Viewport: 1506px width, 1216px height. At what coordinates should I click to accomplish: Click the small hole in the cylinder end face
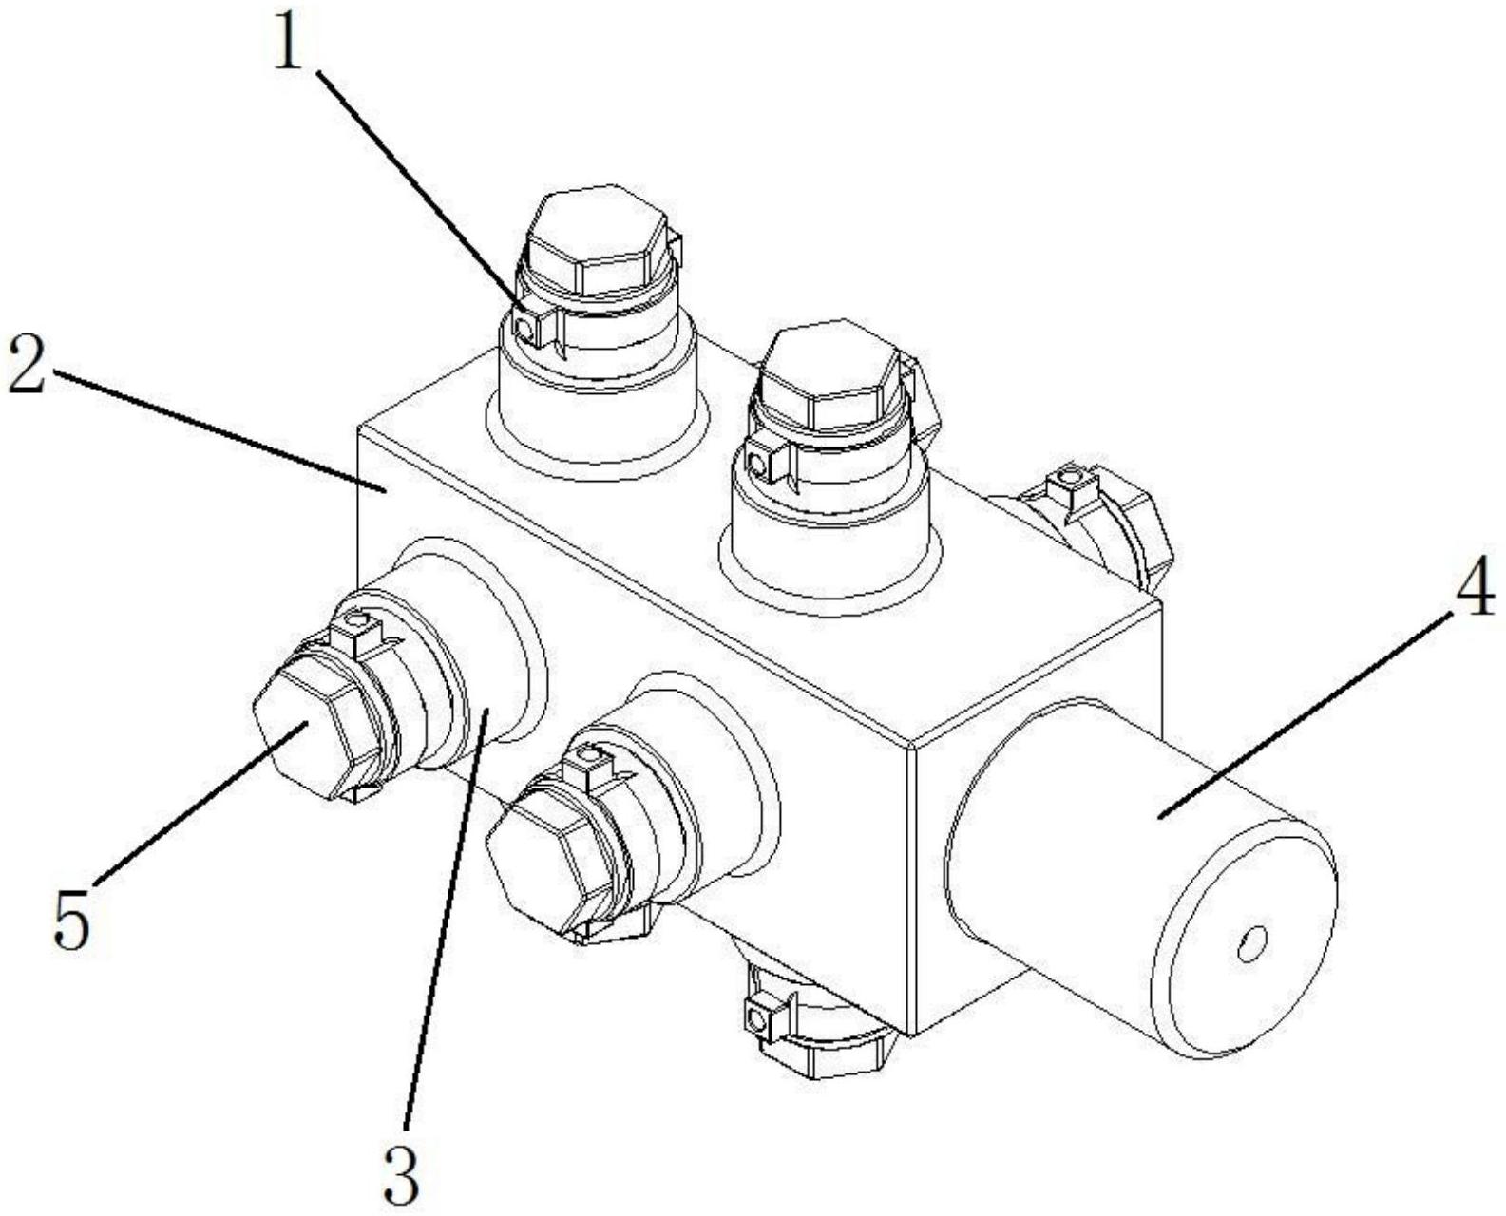(1251, 942)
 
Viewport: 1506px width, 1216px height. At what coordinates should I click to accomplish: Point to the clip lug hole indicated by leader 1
(524, 328)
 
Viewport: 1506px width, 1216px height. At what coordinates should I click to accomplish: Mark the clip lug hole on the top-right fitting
(757, 465)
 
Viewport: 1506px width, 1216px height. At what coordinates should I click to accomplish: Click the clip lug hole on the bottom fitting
(756, 1020)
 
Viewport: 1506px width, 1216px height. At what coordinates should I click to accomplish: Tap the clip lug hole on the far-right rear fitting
(1074, 474)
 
